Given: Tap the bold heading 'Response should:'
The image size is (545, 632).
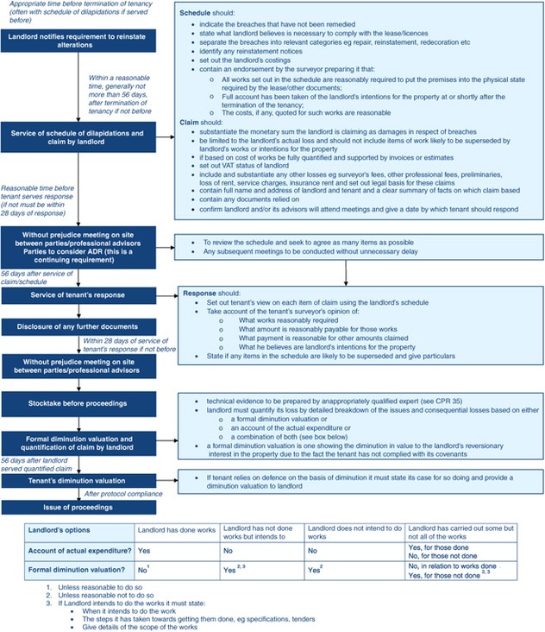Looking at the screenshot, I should [x=204, y=294].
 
